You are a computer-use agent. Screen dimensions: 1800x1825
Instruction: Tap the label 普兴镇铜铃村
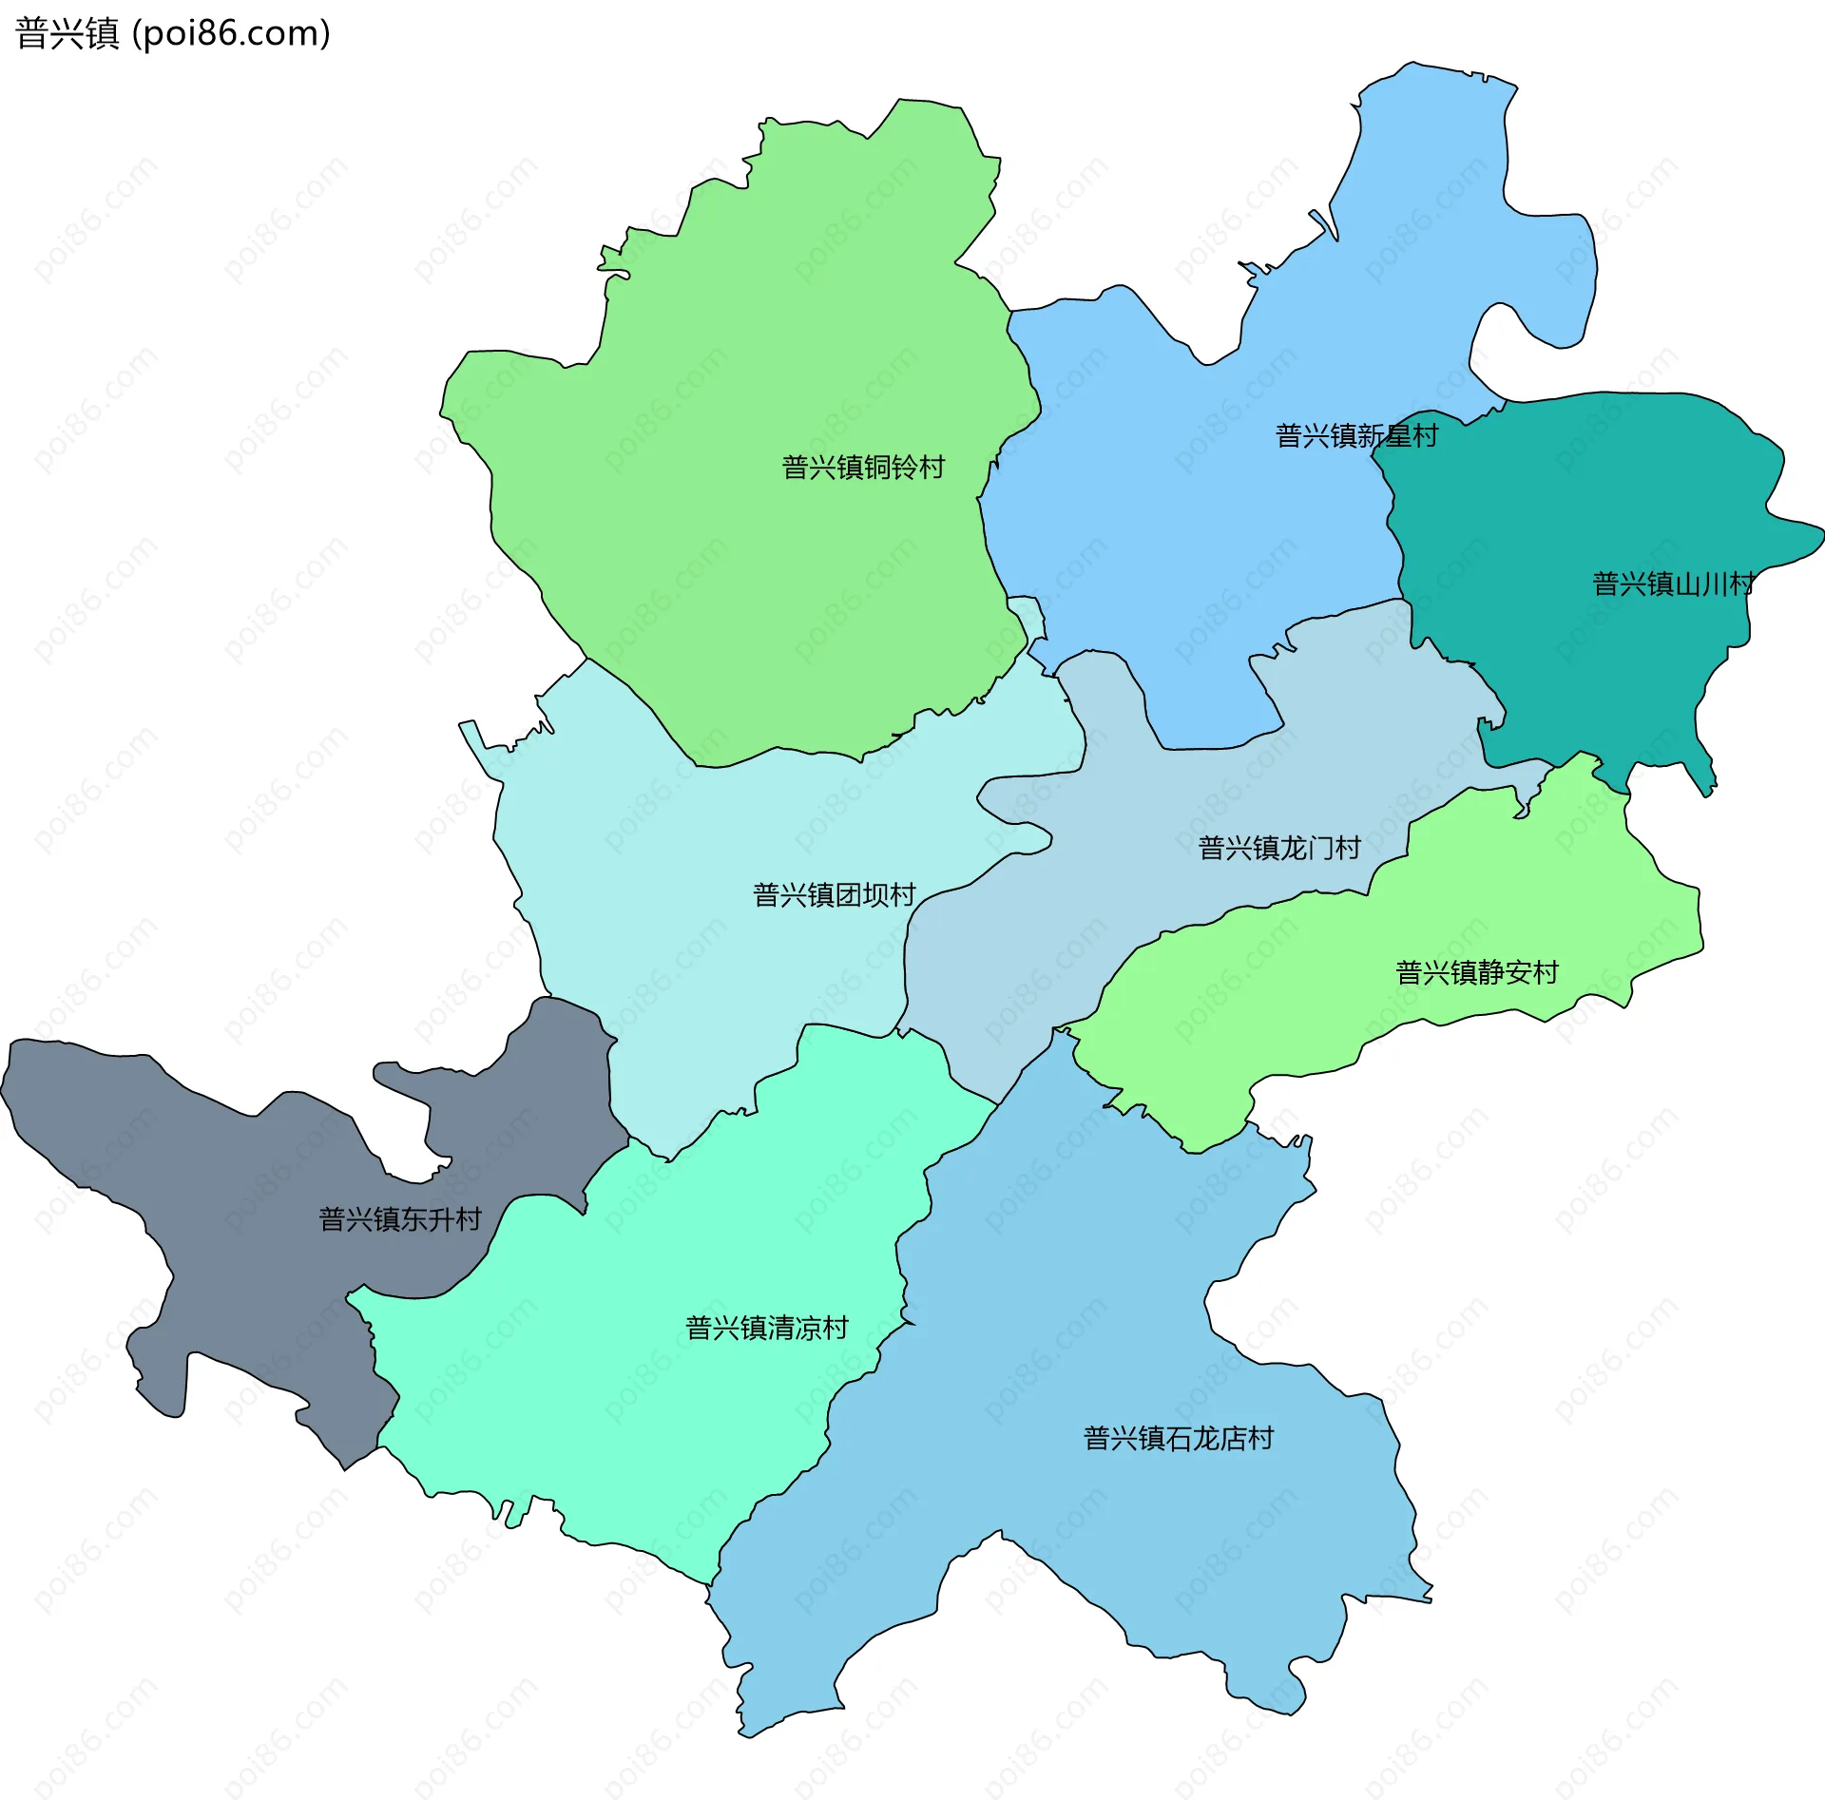coord(863,468)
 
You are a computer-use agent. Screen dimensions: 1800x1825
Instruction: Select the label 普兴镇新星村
coord(1356,436)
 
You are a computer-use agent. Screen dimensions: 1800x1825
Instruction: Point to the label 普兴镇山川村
coord(1673,584)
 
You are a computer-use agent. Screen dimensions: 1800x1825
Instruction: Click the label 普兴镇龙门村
coord(1279,848)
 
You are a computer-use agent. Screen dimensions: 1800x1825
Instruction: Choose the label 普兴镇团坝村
coord(834,895)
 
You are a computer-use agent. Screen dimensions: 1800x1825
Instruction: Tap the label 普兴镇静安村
coord(1477,973)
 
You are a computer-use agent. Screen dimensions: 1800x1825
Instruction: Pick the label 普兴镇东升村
coord(400,1219)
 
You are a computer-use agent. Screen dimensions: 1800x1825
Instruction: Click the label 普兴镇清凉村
coord(767,1329)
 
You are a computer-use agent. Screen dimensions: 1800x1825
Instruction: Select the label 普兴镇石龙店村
coord(1179,1439)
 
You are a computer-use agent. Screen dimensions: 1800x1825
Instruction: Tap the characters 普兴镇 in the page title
coord(67,33)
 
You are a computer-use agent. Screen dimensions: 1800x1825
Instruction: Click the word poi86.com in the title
coord(231,33)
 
